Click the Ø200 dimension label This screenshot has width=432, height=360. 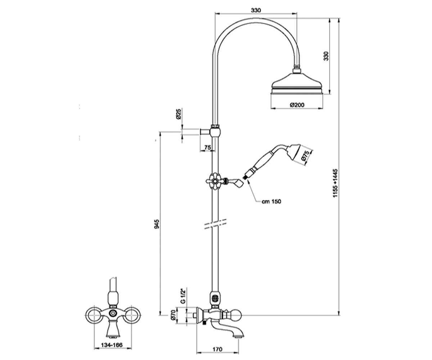point(297,105)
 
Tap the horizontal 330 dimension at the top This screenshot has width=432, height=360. point(256,10)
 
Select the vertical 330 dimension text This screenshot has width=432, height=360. point(326,56)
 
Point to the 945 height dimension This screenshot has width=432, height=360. point(157,224)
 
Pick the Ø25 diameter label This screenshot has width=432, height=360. point(179,114)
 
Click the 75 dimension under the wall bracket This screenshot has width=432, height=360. point(207,148)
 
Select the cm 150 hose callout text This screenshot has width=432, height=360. point(271,201)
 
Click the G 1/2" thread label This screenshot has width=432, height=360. point(183,296)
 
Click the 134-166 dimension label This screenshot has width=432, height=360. point(112,345)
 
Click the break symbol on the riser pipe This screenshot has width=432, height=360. point(215,224)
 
